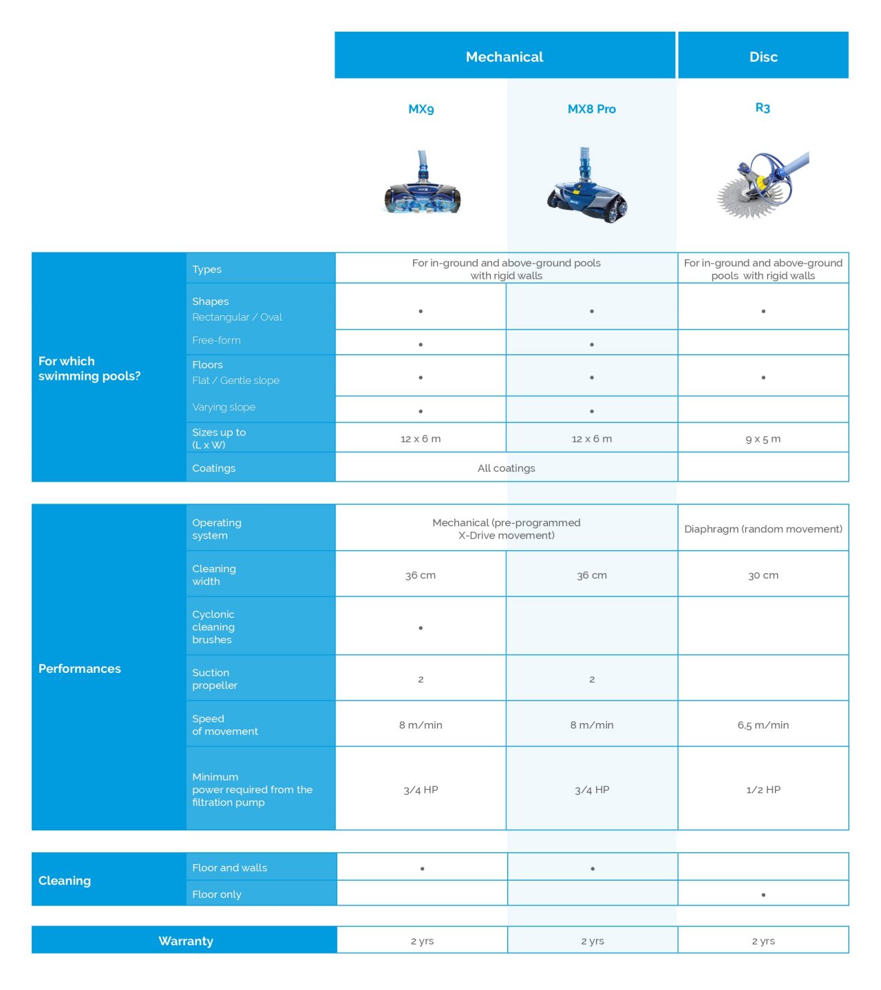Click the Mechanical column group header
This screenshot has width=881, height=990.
click(505, 56)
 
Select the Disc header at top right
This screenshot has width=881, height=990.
click(763, 56)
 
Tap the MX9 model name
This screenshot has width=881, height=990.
click(421, 109)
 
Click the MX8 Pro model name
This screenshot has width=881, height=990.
click(592, 109)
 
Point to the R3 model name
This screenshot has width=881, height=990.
click(763, 107)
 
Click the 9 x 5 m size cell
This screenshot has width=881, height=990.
click(763, 439)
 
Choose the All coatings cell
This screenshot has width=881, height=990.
click(506, 468)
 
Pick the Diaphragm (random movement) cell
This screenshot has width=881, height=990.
click(763, 528)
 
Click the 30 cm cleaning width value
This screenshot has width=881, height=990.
click(763, 575)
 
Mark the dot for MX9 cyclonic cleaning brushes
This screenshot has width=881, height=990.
click(421, 627)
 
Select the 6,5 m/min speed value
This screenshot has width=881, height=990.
click(763, 725)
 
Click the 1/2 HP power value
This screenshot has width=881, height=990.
click(763, 790)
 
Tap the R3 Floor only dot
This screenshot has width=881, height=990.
click(763, 895)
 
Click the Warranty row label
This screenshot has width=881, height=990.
click(186, 940)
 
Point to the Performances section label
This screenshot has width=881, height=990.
click(80, 669)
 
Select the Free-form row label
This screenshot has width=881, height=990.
click(216, 340)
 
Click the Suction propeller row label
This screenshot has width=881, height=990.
click(215, 679)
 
